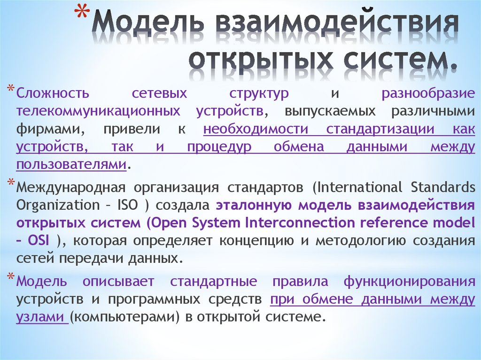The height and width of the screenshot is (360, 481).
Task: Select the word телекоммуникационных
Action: pyautogui.click(x=98, y=111)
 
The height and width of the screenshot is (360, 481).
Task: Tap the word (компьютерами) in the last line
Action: pyautogui.click(x=125, y=317)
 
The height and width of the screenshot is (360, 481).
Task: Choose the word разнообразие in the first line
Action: pyautogui.click(x=428, y=93)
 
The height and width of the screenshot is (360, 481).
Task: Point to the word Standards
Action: pyautogui.click(x=443, y=188)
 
